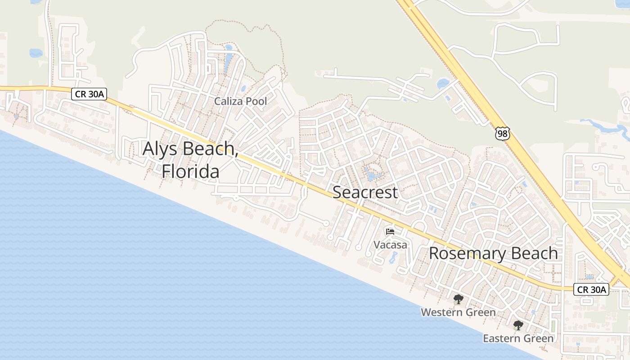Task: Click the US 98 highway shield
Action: tap(502, 133)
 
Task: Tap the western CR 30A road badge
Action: tap(89, 94)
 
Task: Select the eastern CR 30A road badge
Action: tap(591, 289)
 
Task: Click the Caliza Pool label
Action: tap(240, 101)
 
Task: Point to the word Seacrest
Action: tap(365, 192)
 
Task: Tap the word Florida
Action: tap(190, 171)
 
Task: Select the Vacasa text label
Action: tap(391, 245)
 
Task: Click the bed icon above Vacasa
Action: tap(390, 232)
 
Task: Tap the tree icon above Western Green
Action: tap(458, 299)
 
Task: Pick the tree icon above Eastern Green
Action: tap(518, 325)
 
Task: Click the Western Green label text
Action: tap(458, 312)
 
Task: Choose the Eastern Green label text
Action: tap(518, 338)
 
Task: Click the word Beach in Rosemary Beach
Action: tap(535, 253)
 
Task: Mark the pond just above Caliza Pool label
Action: tap(243, 89)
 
